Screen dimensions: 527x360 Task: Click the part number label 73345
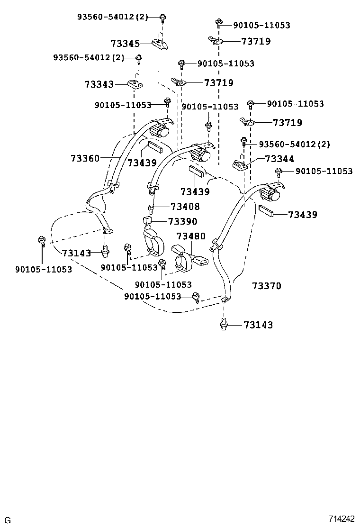[125, 44]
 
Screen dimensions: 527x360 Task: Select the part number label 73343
[99, 84]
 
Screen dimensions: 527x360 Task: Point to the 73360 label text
[85, 158]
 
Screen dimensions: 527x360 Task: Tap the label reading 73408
[185, 207]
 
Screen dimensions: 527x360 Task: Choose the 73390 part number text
[182, 221]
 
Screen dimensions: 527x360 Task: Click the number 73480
[191, 236]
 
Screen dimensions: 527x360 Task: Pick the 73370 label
[267, 286]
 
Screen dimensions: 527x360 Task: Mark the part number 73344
[279, 159]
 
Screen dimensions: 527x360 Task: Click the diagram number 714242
[342, 518]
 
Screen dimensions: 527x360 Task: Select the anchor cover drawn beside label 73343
[135, 84]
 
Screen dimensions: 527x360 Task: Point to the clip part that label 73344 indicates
[240, 165]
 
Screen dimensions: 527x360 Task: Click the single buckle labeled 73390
[153, 237]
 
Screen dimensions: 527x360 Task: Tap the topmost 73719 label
[256, 41]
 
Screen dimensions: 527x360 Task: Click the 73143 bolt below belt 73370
[224, 325]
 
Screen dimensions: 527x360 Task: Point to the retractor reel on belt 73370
[270, 193]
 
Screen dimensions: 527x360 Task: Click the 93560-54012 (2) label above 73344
[294, 144]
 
